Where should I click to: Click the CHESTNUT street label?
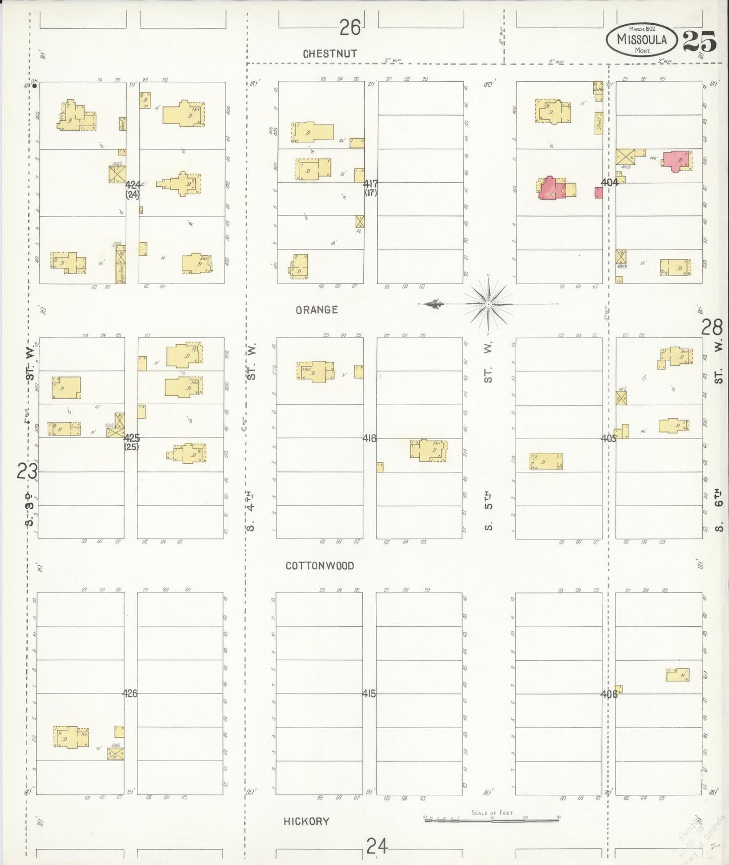[x=330, y=53]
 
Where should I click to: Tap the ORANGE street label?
[x=317, y=310]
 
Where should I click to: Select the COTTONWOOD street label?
[x=320, y=566]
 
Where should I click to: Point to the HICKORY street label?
[x=306, y=822]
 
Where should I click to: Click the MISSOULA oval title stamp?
[x=642, y=40]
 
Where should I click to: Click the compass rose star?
[x=488, y=304]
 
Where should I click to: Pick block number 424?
[x=133, y=185]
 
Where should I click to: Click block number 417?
[x=370, y=184]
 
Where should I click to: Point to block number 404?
[x=609, y=182]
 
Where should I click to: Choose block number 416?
[x=369, y=438]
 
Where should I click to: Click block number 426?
[x=130, y=693]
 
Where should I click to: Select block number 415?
[x=369, y=693]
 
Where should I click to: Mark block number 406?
[x=608, y=694]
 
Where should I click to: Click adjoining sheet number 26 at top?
[x=350, y=27]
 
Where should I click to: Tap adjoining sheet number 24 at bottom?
[x=377, y=846]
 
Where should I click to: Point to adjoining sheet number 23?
[x=27, y=472]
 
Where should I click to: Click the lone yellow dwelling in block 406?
[x=678, y=675]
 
